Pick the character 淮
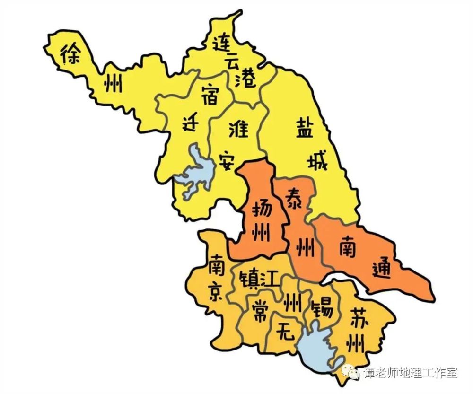[x=238, y=128]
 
